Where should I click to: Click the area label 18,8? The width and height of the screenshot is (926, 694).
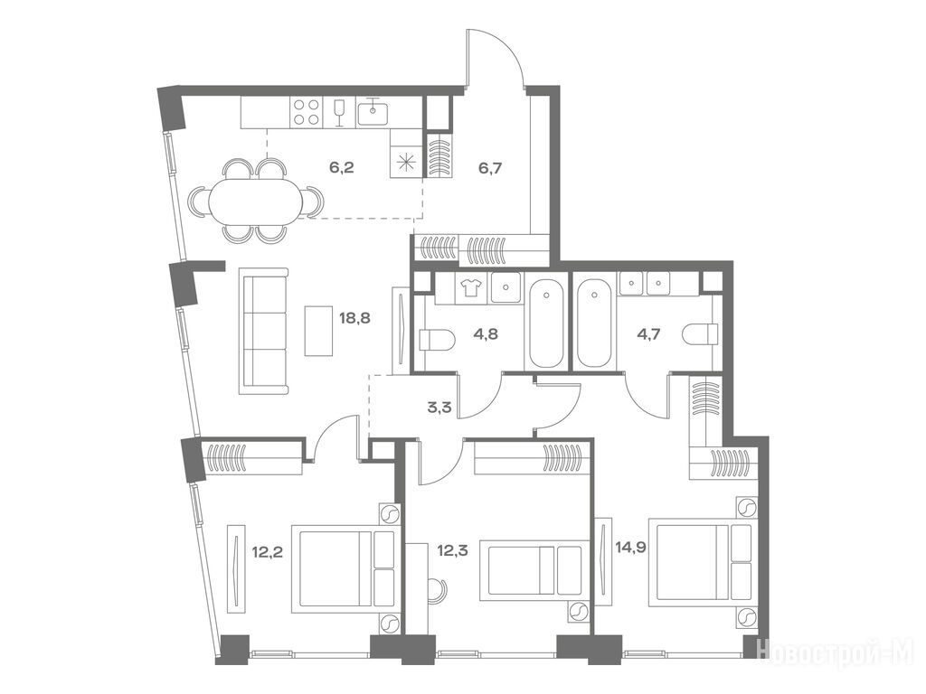(x=354, y=319)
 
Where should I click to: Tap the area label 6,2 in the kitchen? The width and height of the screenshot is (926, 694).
(x=341, y=167)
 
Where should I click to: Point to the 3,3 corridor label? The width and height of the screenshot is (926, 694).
(x=439, y=407)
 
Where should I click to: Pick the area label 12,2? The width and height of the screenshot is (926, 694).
(x=267, y=552)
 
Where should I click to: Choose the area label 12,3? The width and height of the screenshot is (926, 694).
(x=452, y=551)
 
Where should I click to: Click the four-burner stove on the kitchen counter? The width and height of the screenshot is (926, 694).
(x=306, y=112)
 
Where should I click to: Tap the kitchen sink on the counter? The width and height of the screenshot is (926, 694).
(x=373, y=112)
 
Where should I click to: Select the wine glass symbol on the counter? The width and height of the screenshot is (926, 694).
(x=339, y=112)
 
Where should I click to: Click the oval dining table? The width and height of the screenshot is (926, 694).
(x=254, y=201)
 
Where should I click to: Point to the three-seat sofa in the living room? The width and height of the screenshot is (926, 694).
(x=263, y=331)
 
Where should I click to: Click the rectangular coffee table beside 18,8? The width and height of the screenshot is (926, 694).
(x=319, y=331)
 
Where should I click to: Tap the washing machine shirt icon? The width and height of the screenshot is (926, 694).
(x=471, y=286)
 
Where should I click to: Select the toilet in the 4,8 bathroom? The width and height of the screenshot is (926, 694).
(x=436, y=340)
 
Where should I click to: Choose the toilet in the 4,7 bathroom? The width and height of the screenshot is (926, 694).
(x=700, y=334)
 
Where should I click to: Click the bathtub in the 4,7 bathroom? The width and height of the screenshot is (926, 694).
(x=595, y=324)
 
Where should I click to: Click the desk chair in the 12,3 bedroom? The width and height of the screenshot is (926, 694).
(x=438, y=590)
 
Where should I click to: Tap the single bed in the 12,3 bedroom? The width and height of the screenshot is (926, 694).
(x=534, y=569)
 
